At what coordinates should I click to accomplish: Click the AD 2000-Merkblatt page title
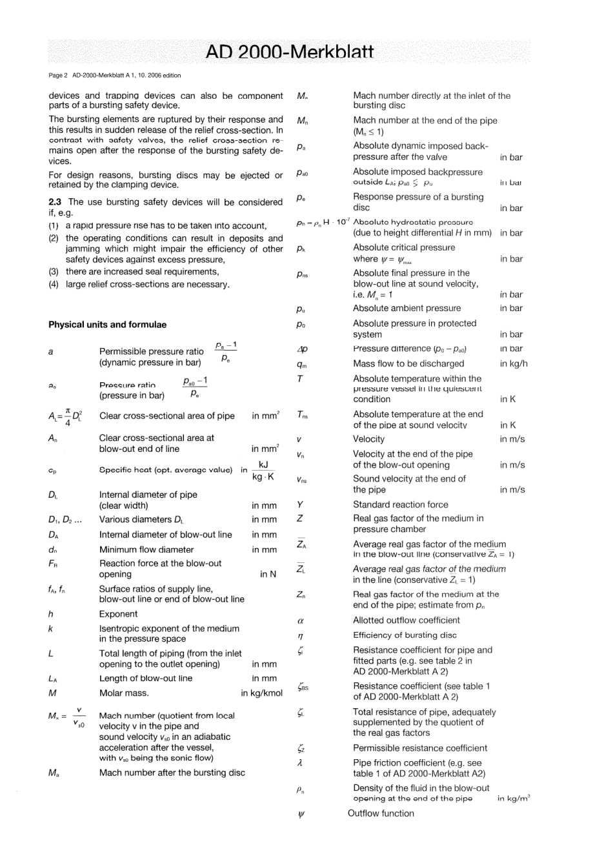tap(289, 52)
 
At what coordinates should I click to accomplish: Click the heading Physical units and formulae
tap(107, 325)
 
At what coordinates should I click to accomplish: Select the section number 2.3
tap(55, 202)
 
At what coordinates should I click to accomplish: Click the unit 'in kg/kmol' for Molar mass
tap(262, 693)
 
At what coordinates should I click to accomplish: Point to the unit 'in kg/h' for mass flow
tap(514, 363)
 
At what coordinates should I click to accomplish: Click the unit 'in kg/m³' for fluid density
tap(514, 799)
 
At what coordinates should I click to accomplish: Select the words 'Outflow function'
tap(381, 813)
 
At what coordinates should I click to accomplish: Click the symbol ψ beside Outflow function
tap(301, 815)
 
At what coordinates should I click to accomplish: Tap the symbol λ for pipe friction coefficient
tap(300, 763)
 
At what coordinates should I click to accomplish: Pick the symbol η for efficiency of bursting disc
tap(301, 636)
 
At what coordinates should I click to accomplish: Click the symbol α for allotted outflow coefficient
tap(301, 620)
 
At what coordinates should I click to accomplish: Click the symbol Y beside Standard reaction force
tap(300, 505)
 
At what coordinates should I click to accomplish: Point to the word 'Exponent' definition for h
tap(118, 614)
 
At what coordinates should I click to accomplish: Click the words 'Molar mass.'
tap(124, 693)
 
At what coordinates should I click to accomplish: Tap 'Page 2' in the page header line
tap(57, 76)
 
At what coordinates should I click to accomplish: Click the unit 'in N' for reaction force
tap(268, 574)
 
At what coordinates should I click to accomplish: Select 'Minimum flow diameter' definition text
tap(146, 550)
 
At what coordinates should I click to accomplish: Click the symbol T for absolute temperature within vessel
tap(300, 379)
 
